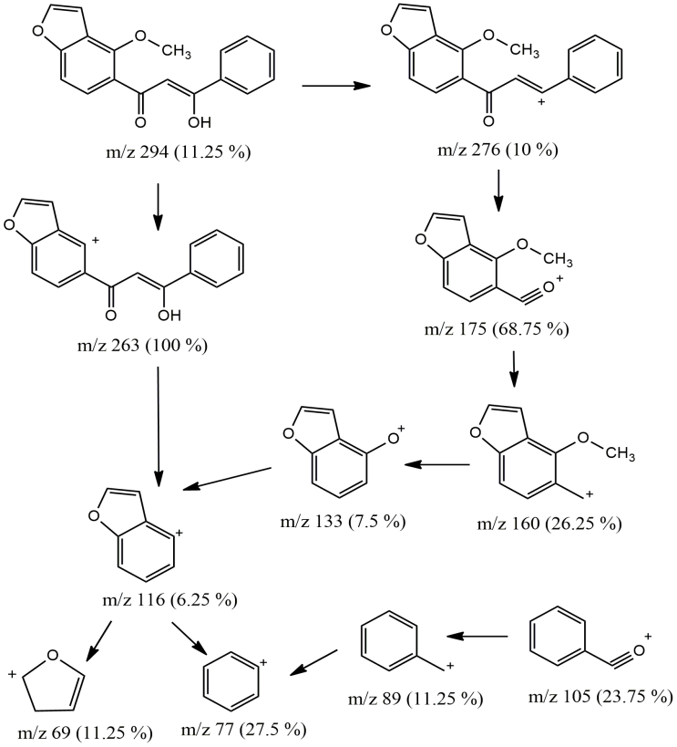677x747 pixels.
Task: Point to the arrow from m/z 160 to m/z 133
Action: pyautogui.click(x=437, y=465)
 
